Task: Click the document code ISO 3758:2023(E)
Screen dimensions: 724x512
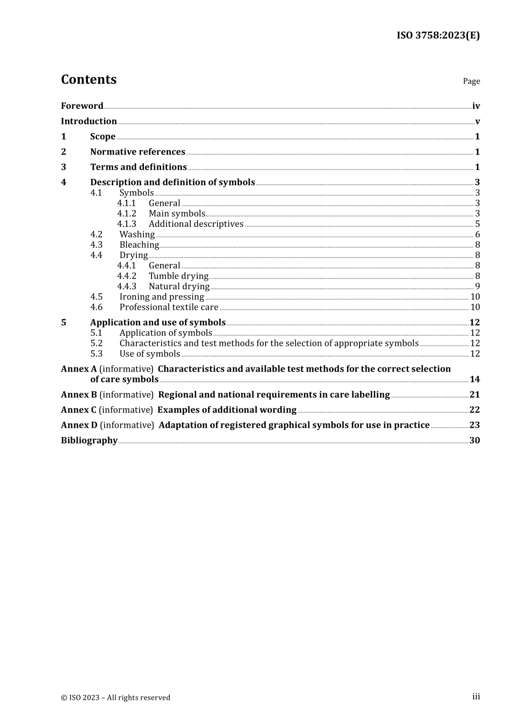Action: [438, 36]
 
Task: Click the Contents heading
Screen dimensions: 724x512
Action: [88, 80]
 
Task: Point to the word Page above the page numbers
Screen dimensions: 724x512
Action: [471, 81]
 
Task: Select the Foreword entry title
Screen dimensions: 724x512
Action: [82, 106]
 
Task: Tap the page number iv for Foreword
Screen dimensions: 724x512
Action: [476, 106]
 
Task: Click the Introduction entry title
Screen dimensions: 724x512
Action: [88, 121]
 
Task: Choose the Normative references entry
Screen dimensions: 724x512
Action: [137, 152]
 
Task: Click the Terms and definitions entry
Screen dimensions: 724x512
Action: [139, 167]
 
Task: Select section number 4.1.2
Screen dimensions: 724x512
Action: [127, 214]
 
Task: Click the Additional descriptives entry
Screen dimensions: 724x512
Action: [196, 224]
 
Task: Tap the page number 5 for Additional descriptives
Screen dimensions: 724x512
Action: [478, 224]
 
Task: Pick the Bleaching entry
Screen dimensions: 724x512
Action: [139, 245]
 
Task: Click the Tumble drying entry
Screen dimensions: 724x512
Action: [178, 276]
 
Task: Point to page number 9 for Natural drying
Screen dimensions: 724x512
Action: [478, 287]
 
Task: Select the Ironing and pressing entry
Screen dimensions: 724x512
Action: [162, 297]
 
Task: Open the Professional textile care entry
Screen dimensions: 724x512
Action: [169, 307]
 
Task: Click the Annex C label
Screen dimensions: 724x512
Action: [79, 410]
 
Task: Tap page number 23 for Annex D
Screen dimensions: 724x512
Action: [474, 425]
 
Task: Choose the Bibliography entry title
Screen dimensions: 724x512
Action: [89, 441]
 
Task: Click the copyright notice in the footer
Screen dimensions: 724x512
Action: [115, 698]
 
